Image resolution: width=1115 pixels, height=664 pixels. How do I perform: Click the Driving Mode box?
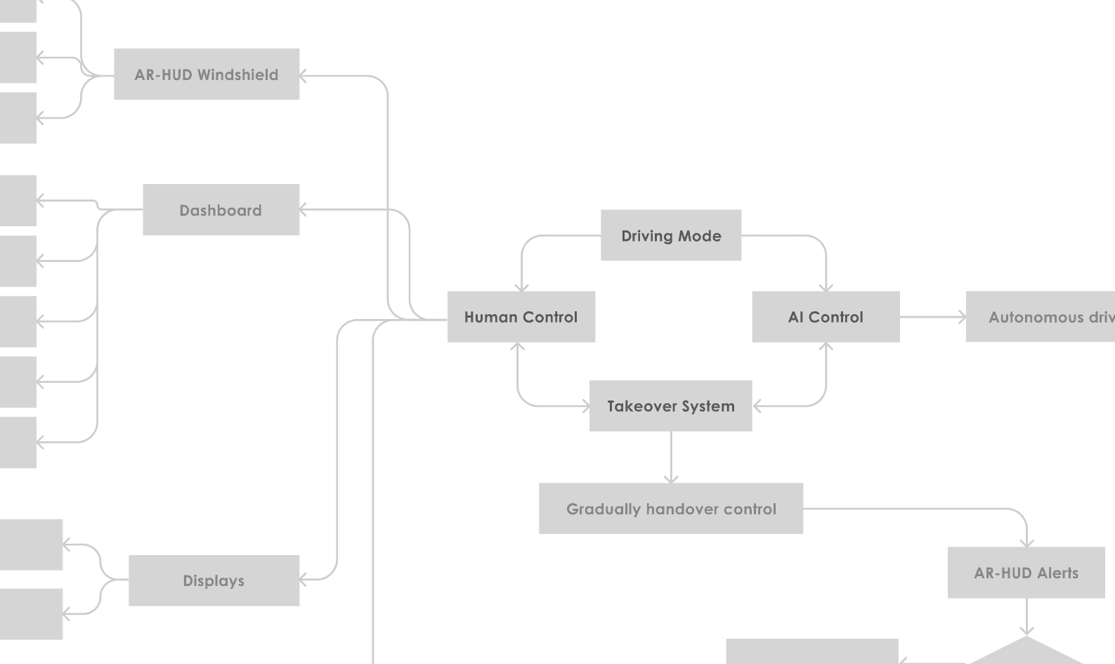point(671,235)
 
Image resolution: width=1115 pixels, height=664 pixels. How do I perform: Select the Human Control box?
point(521,317)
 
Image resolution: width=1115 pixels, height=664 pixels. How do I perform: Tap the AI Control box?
point(826,317)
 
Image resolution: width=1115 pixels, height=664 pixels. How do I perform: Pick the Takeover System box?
point(670,406)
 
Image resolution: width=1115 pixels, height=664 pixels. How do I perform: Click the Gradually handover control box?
point(671,509)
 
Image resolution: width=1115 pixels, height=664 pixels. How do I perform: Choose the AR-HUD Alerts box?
point(1026,573)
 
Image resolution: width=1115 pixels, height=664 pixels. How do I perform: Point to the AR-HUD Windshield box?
point(207,74)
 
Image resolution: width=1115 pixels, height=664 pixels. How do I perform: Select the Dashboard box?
point(221,210)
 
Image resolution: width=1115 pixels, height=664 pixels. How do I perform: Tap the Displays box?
point(214,580)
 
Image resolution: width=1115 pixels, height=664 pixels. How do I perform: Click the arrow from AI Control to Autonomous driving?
point(932,317)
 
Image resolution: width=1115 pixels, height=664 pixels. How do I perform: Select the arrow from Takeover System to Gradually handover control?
point(671,457)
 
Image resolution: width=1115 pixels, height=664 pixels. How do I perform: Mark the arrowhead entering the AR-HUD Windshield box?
point(304,75)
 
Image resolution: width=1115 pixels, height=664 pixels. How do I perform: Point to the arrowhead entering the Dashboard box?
point(304,209)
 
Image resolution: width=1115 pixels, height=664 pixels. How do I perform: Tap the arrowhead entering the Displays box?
point(304,580)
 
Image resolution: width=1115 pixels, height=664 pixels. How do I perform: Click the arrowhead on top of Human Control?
point(521,287)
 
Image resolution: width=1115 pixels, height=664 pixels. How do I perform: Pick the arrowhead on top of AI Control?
point(826,287)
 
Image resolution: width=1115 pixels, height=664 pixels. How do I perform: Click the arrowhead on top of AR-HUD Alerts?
point(1027,542)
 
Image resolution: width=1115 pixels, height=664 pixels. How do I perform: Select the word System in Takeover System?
point(708,406)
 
